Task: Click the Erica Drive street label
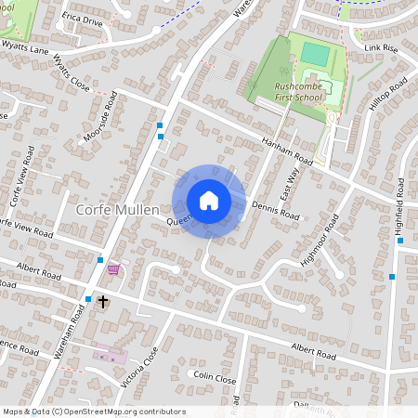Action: [x=82, y=19]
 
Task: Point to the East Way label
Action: [x=290, y=176]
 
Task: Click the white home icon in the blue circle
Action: [x=208, y=201]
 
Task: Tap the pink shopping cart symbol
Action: [x=113, y=269]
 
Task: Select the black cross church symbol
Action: [x=103, y=302]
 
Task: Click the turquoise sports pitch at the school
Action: [x=315, y=55]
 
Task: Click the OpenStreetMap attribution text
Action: [x=93, y=411]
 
